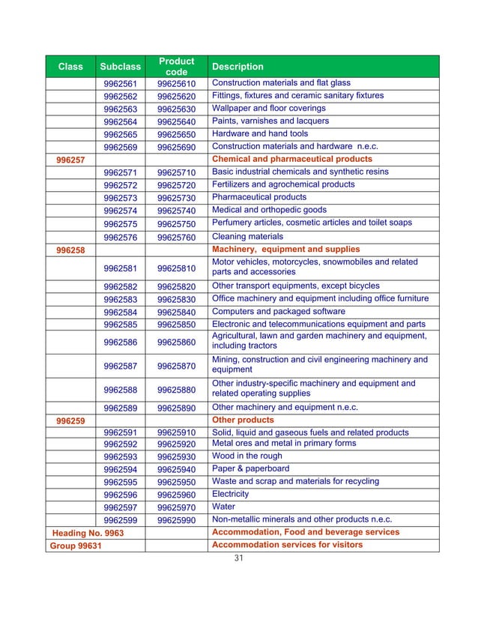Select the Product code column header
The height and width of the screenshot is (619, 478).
(176, 66)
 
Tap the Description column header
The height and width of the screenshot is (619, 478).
(238, 67)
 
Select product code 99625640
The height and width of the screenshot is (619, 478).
(176, 121)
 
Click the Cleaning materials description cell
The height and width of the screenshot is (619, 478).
(248, 236)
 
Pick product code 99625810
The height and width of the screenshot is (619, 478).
(176, 268)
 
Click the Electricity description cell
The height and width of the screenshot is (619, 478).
(230, 494)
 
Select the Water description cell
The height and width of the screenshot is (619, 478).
(224, 507)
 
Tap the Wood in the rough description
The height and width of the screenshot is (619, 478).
(247, 456)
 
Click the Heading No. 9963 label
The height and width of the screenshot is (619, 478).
(87, 532)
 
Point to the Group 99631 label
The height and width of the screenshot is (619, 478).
(76, 545)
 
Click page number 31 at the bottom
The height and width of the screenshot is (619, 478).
(239, 558)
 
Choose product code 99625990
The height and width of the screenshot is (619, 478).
(176, 520)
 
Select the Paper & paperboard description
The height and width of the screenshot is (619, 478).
(250, 468)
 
